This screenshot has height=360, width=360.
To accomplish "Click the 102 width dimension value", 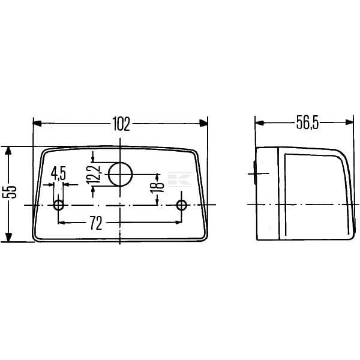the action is (x=121, y=124).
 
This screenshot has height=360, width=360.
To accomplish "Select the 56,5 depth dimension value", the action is (x=307, y=122).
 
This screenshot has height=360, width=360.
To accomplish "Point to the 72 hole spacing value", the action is (x=96, y=223).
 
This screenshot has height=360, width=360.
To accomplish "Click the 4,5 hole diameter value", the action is (x=58, y=173).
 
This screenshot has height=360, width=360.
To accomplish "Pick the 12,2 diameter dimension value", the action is (x=94, y=175).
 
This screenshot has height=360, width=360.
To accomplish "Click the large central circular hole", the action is (x=121, y=174).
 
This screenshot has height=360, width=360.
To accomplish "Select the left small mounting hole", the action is (x=59, y=205).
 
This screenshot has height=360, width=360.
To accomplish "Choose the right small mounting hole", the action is (x=182, y=205).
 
